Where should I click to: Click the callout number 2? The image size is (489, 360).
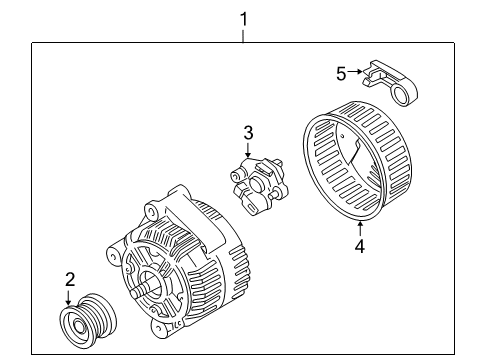click(69, 278)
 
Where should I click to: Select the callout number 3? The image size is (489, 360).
click(247, 133)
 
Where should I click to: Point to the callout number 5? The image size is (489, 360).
click(341, 73)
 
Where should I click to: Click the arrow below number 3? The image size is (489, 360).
click(247, 149)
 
